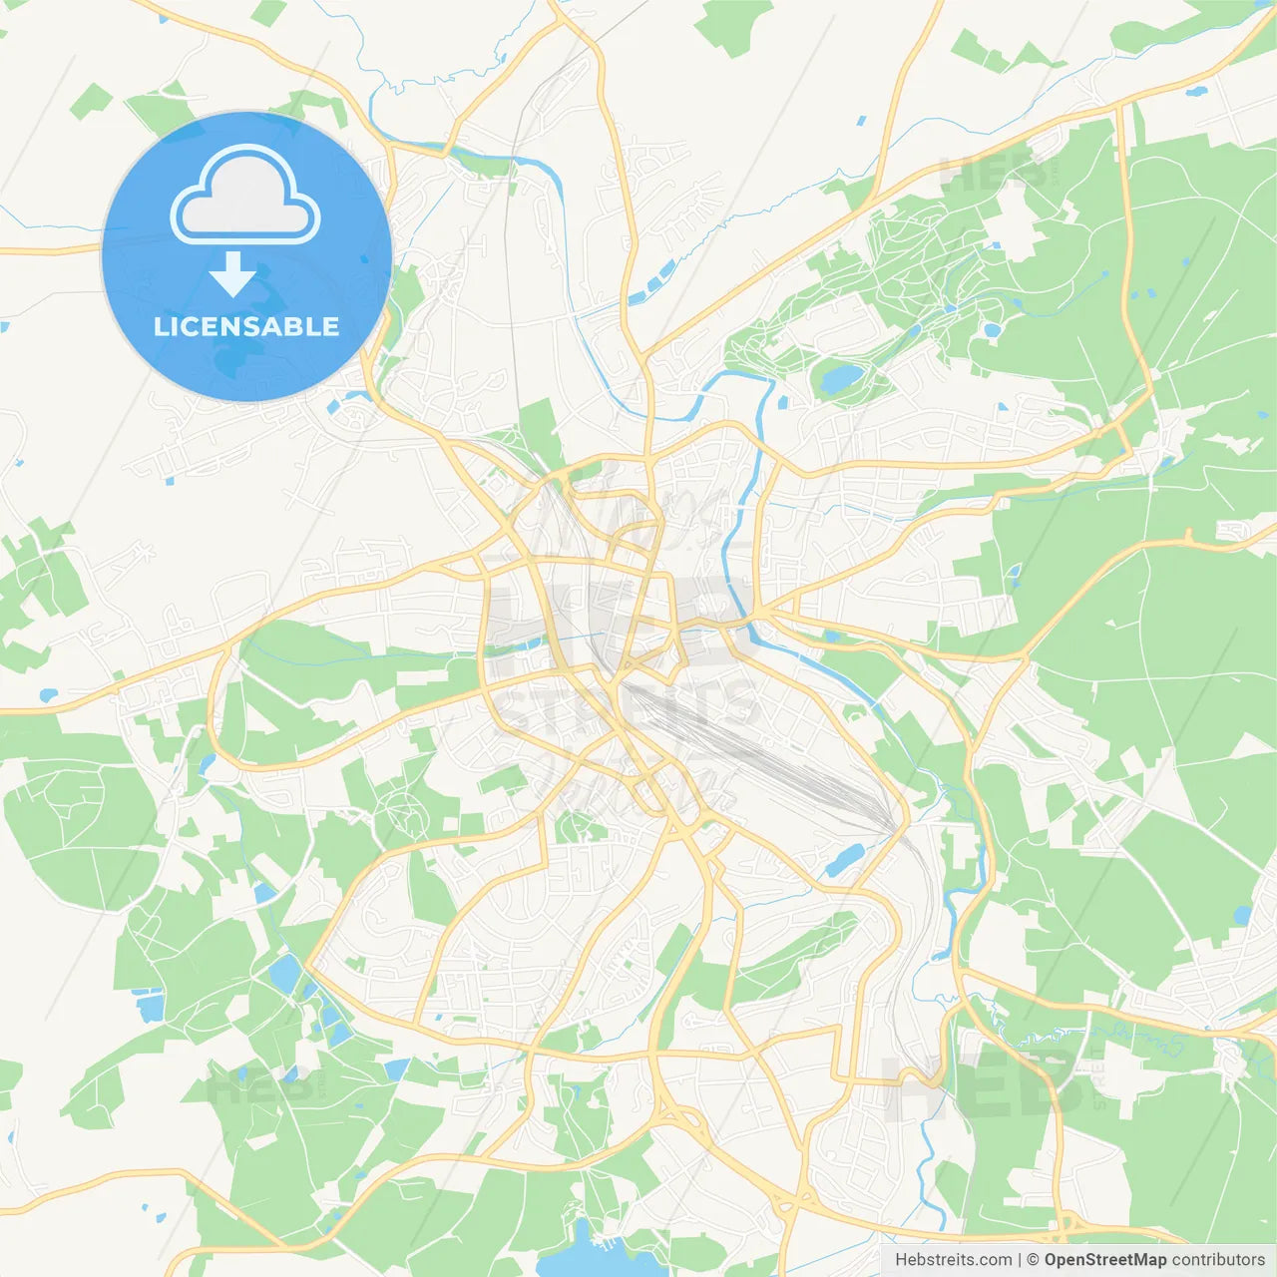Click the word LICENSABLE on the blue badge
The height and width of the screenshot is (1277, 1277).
[246, 326]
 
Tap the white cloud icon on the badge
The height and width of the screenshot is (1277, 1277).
[245, 197]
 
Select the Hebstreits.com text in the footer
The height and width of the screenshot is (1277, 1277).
[953, 1260]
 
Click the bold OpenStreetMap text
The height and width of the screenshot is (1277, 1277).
[1104, 1260]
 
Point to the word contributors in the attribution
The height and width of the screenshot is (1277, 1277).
[1218, 1260]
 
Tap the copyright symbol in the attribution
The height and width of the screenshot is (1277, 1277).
[1034, 1260]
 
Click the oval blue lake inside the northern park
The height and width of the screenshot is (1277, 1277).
[840, 377]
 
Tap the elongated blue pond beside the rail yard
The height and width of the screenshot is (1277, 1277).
[845, 859]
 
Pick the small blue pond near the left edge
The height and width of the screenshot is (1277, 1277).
[47, 694]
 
